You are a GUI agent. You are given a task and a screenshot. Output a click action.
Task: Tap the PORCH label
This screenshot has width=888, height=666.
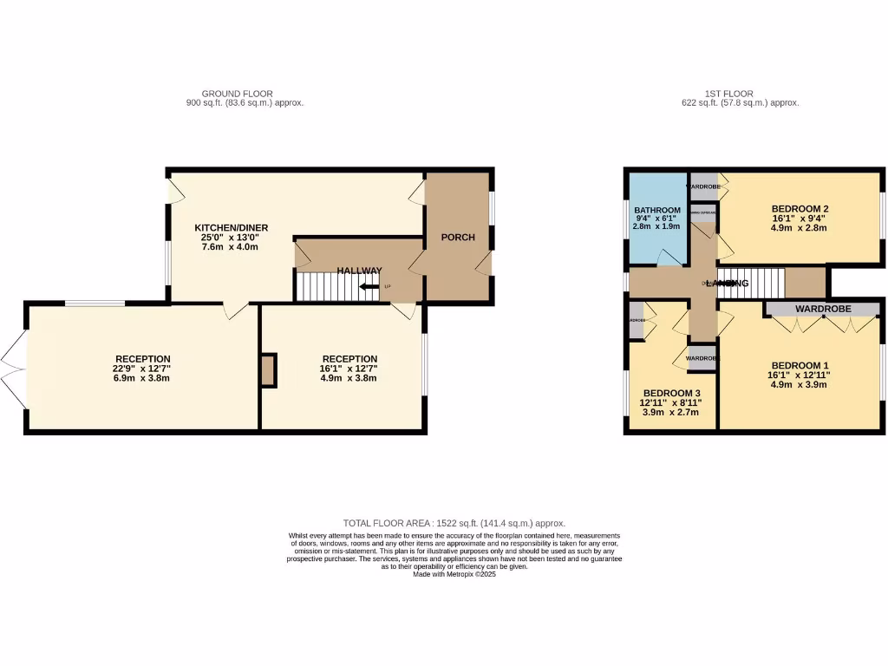coord(458,238)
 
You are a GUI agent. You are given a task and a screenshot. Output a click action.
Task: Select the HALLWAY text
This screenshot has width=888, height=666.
coord(360,271)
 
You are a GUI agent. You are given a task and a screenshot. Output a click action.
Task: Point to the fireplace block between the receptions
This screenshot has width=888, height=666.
coord(268,370)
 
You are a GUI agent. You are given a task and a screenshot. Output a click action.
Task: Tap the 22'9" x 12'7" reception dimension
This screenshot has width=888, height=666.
coord(143,369)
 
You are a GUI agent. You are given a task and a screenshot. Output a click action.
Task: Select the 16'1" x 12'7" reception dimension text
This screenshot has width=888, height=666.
coord(349,369)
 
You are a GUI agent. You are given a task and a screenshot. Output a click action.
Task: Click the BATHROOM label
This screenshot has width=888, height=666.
coord(656,210)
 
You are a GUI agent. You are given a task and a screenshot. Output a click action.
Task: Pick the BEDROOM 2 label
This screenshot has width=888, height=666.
coord(800,208)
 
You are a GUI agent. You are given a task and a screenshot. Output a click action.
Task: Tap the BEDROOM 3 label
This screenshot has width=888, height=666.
coord(671,393)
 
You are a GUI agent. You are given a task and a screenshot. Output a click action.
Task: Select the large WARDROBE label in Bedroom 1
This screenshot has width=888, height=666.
coord(823,309)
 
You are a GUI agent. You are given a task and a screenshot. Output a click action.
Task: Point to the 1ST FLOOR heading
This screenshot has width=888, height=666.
coord(728,94)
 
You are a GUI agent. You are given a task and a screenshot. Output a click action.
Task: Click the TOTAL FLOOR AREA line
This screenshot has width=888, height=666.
coord(454,523)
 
